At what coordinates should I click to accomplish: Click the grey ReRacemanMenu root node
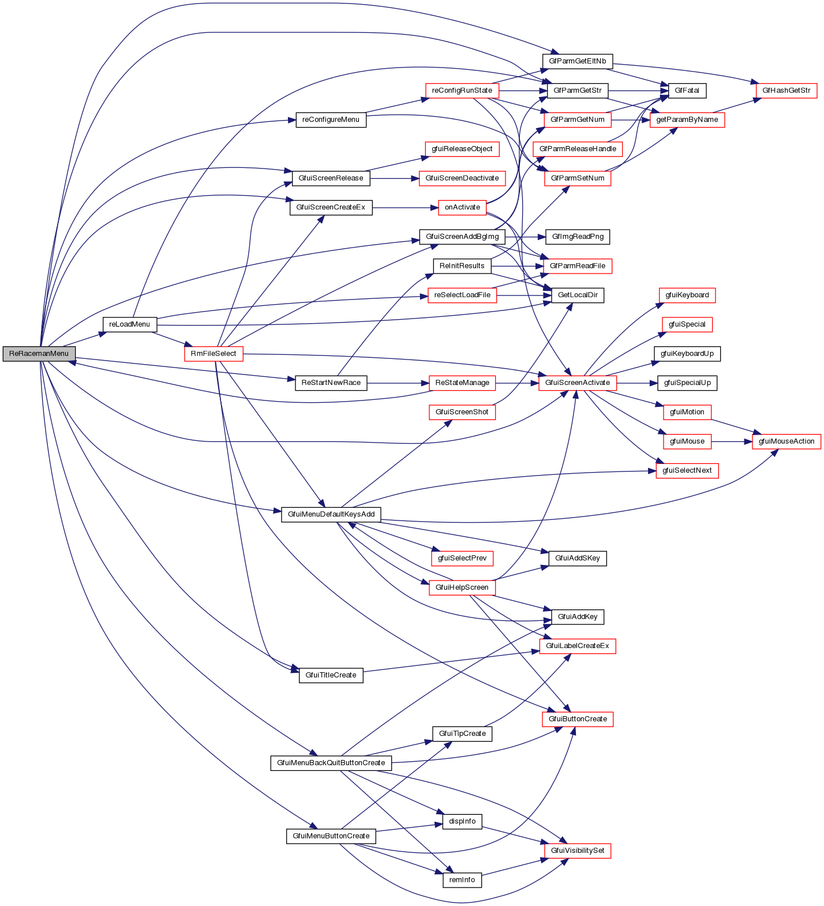click(x=39, y=354)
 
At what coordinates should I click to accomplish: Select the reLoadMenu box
click(x=129, y=324)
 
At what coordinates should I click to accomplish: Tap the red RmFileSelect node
click(x=214, y=354)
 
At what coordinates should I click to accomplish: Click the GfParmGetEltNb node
click(x=577, y=61)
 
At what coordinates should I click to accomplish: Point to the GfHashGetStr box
click(x=786, y=91)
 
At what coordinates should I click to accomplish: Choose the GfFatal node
click(x=687, y=91)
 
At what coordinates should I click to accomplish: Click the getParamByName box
click(x=687, y=119)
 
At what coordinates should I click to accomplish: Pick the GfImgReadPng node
click(x=577, y=237)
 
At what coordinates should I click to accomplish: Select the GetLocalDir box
click(x=578, y=295)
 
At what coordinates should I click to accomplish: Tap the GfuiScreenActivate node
click(x=577, y=383)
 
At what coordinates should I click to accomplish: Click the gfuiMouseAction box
click(x=786, y=441)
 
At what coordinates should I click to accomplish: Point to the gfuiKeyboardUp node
click(x=687, y=354)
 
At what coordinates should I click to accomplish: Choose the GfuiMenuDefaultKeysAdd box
click(x=331, y=514)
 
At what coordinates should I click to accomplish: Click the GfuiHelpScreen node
click(x=462, y=587)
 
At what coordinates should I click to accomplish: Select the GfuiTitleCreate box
click(x=331, y=675)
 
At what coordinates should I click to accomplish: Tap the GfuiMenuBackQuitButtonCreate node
click(x=331, y=763)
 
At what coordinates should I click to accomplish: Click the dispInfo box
click(x=462, y=821)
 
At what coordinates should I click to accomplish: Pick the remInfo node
click(x=462, y=880)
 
